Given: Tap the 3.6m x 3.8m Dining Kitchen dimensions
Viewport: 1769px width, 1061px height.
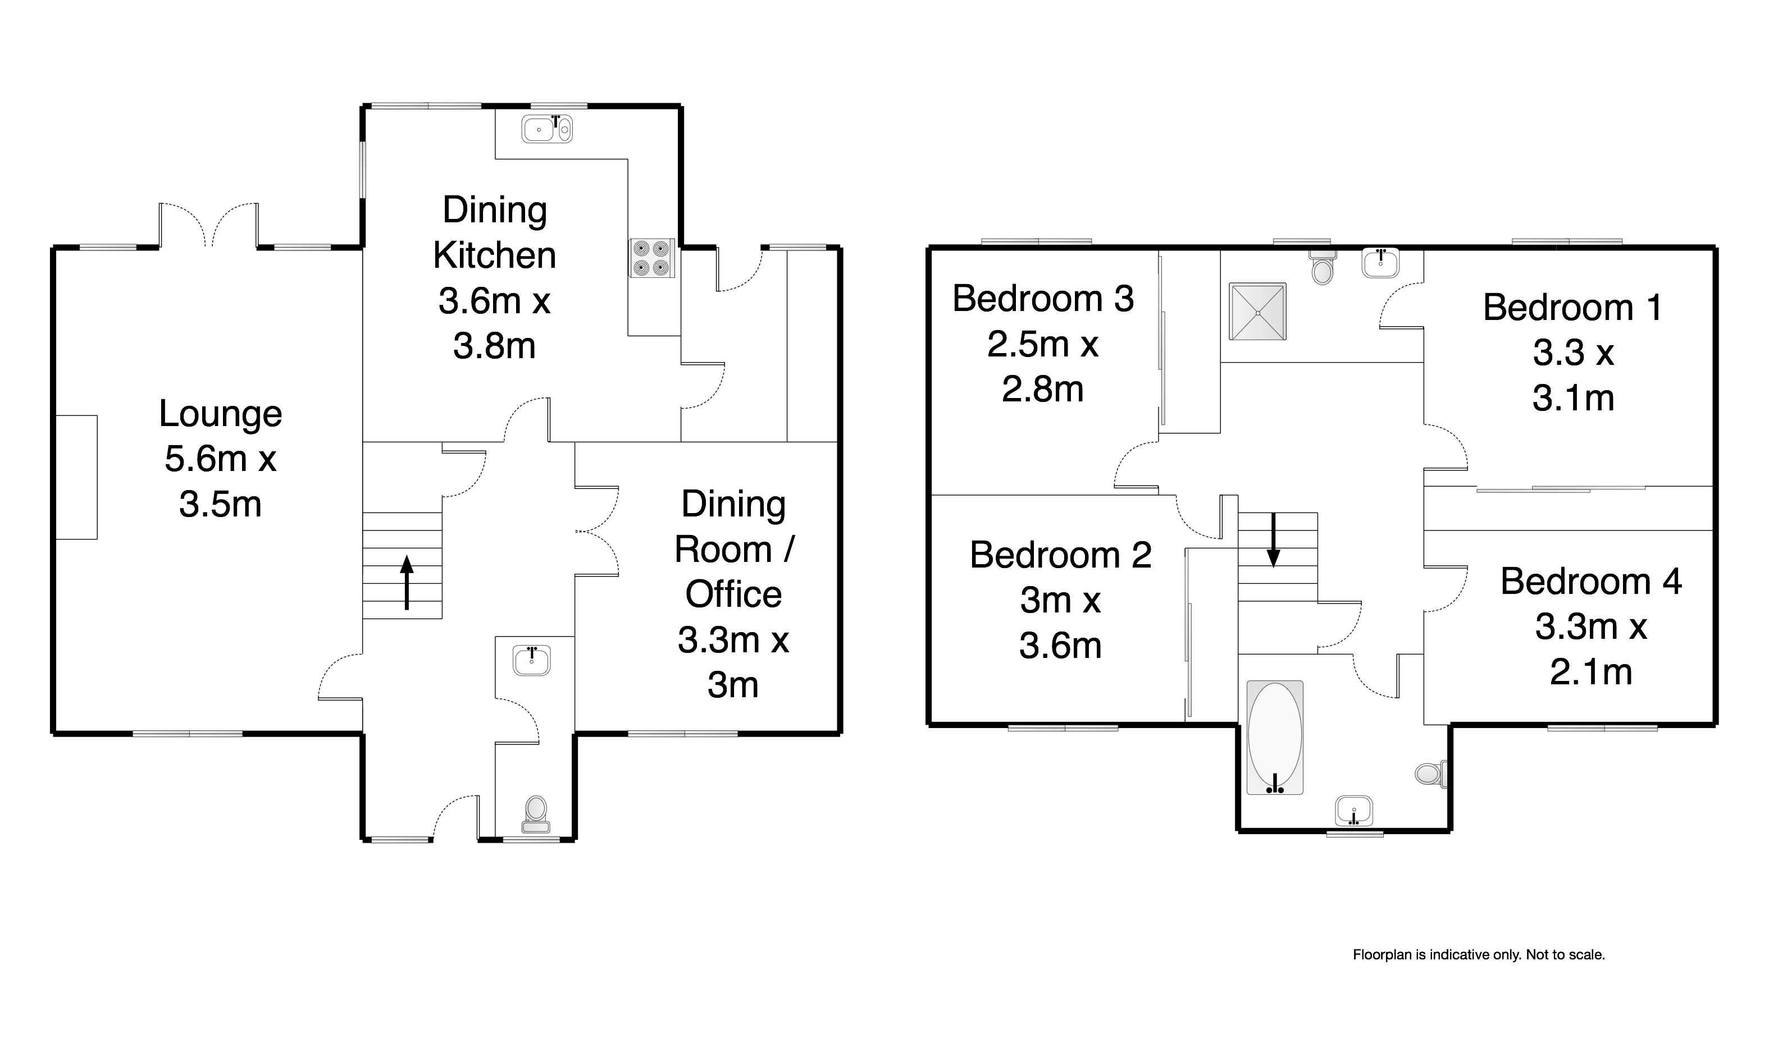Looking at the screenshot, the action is [x=494, y=323].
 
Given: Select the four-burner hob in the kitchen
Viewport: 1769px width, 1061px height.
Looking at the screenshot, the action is [x=652, y=257].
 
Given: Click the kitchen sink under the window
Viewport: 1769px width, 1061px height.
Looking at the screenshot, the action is [x=547, y=130].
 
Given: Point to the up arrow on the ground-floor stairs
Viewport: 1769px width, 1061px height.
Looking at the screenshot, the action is [x=407, y=583].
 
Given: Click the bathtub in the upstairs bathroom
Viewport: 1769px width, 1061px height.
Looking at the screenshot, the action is [x=1275, y=738].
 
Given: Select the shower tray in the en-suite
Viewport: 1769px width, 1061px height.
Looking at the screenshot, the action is [x=1257, y=312].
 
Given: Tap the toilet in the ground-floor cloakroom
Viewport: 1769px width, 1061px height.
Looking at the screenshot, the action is [x=536, y=815].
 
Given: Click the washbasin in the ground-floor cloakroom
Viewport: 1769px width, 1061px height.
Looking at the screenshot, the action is [x=532, y=661].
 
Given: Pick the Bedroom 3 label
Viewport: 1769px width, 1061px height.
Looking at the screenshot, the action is [x=1043, y=298].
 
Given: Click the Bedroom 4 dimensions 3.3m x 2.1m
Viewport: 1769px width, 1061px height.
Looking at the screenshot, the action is [x=1591, y=649].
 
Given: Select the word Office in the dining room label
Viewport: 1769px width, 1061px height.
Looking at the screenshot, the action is [x=733, y=594].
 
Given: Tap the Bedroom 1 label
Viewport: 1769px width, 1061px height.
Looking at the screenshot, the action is [x=1572, y=308].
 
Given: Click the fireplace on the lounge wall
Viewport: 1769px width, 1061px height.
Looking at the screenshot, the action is [x=76, y=477].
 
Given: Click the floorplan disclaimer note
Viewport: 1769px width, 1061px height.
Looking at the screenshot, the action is [x=1479, y=954].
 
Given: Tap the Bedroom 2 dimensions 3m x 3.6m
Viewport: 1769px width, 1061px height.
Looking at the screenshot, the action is [x=1060, y=623].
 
